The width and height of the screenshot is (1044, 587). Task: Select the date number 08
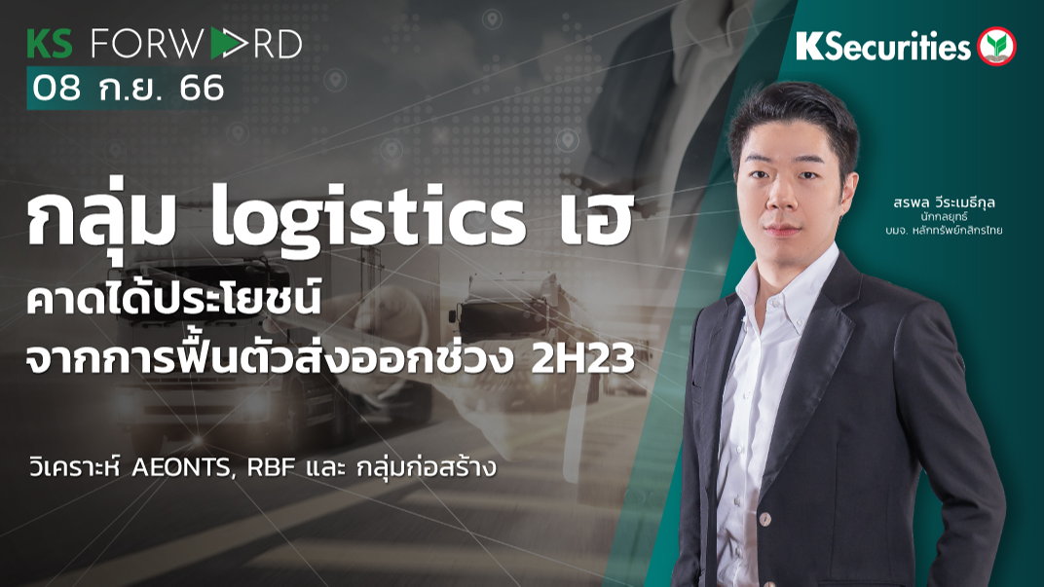point(56,90)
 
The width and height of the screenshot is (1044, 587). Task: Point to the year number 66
point(202,90)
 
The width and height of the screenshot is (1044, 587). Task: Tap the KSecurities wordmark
point(883,46)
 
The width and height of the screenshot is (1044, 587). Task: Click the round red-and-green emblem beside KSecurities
point(996,46)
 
